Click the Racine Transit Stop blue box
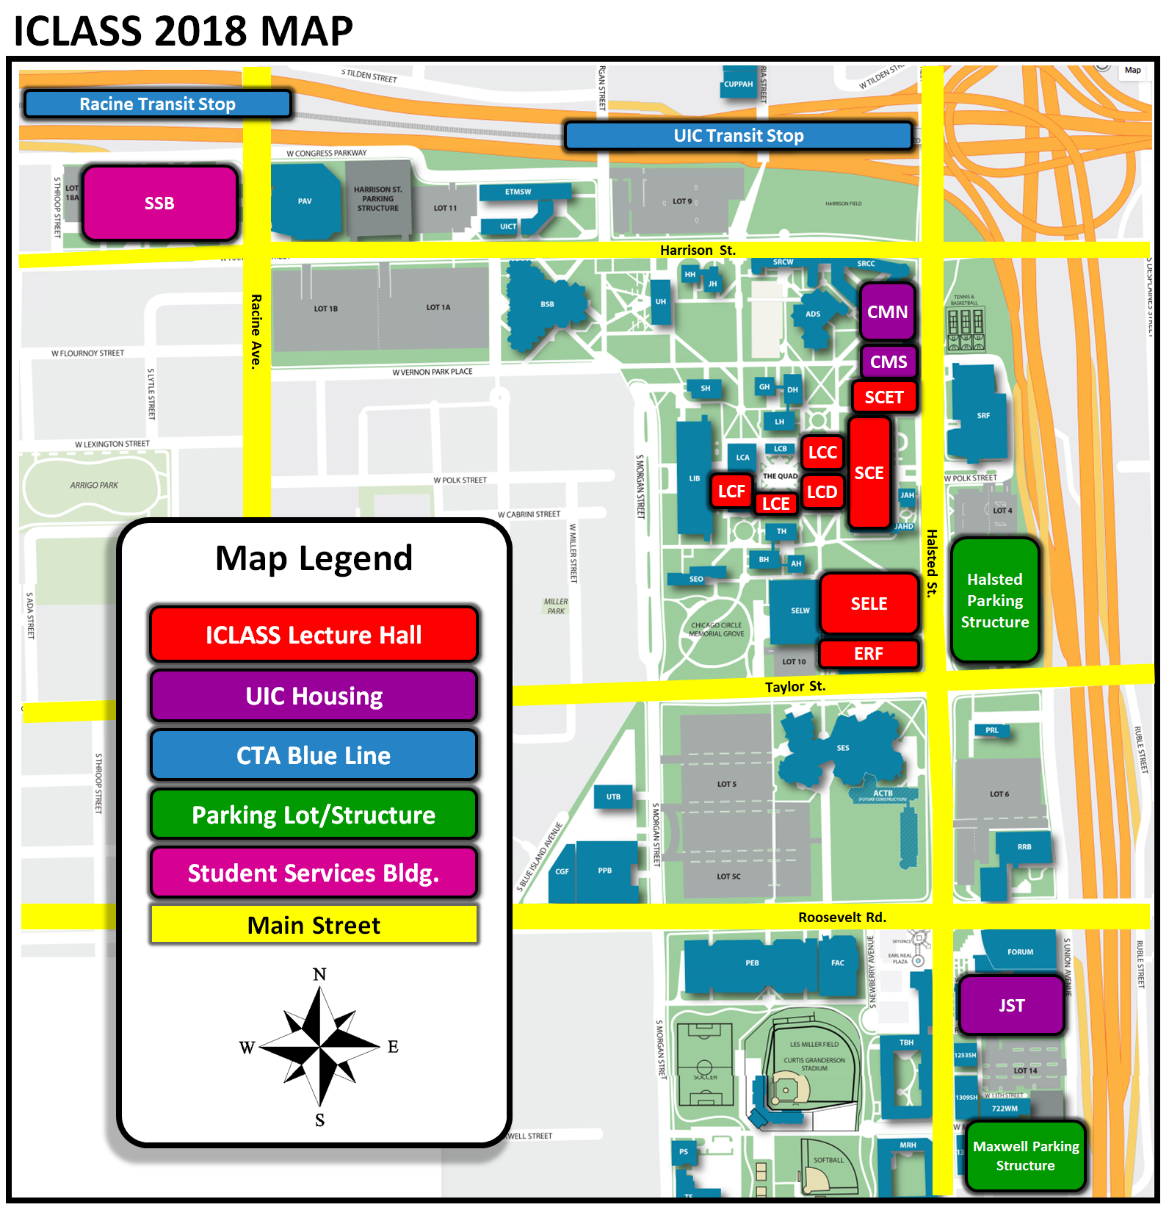click(157, 104)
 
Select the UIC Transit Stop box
click(738, 136)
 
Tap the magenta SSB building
click(159, 204)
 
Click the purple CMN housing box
click(887, 311)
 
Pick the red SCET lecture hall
click(883, 397)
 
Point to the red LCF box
click(731, 491)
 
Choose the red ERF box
click(868, 654)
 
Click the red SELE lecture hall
click(869, 604)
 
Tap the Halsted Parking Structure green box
click(995, 601)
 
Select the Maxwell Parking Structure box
click(1025, 1156)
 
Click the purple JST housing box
click(1011, 1005)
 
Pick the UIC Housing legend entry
click(314, 696)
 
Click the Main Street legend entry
click(314, 925)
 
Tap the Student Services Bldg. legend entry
click(314, 873)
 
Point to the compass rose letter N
click(319, 974)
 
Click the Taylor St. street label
click(795, 687)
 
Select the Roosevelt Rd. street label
click(842, 918)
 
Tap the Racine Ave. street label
click(256, 331)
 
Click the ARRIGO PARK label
click(94, 485)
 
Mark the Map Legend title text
click(314, 558)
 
